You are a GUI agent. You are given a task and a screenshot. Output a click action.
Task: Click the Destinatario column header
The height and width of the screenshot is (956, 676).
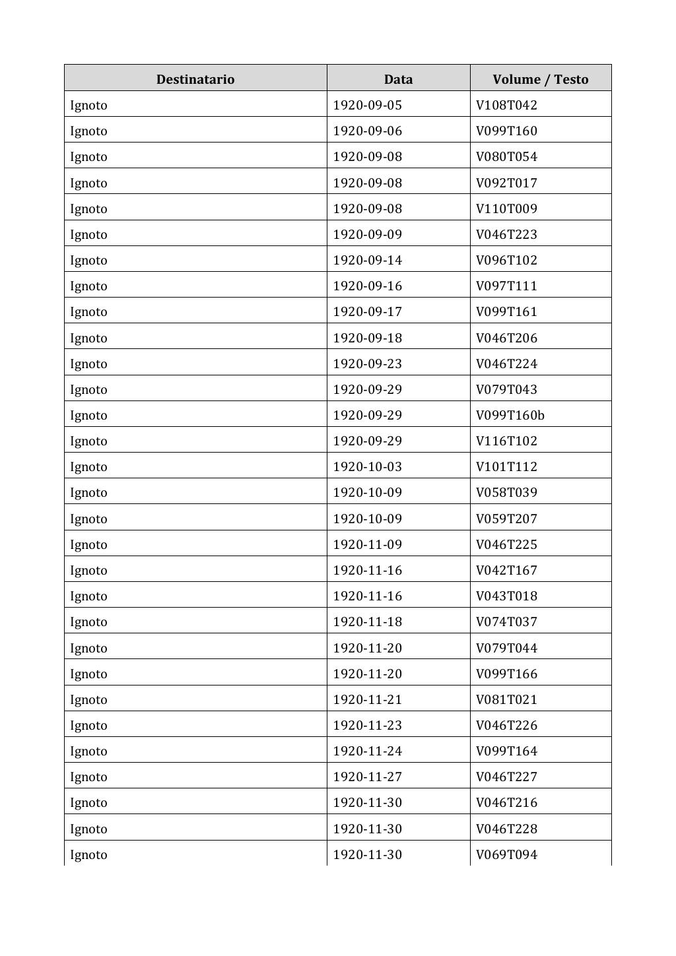click(195, 79)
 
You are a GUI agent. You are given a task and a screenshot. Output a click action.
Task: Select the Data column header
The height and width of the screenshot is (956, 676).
click(398, 79)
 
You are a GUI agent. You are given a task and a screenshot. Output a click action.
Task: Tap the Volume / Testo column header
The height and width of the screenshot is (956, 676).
click(540, 79)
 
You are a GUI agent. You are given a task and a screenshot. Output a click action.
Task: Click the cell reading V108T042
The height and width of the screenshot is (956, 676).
click(506, 105)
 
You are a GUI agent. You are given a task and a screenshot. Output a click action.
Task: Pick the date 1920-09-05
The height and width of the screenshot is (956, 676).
click(367, 105)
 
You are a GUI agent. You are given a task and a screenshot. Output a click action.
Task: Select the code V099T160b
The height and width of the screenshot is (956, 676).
click(510, 415)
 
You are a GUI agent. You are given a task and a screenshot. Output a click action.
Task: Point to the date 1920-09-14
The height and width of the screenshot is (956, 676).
click(367, 260)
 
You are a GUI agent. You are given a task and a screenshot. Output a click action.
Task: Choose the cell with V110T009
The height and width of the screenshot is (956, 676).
click(506, 208)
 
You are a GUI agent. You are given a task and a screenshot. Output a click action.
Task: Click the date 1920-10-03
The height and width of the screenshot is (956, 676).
click(367, 466)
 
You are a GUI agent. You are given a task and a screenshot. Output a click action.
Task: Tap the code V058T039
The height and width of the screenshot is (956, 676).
click(506, 492)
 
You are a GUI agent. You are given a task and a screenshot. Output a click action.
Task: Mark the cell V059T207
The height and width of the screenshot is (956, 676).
click(506, 519)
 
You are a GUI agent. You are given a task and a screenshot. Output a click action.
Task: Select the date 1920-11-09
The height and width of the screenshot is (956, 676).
click(367, 544)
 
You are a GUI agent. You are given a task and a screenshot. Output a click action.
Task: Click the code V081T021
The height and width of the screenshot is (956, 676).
click(506, 699)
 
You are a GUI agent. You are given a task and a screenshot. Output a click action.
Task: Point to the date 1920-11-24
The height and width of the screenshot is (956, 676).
click(367, 751)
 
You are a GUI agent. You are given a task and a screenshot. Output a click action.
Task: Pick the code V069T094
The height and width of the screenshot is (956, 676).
click(506, 854)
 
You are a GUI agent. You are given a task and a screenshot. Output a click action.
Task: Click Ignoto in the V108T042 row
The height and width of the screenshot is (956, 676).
click(88, 105)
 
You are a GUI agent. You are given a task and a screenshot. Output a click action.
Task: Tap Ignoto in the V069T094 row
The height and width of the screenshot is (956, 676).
click(88, 854)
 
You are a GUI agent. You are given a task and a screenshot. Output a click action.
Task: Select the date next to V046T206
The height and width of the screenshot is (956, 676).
click(367, 338)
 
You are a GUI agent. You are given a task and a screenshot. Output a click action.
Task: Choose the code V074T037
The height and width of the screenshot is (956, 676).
click(506, 621)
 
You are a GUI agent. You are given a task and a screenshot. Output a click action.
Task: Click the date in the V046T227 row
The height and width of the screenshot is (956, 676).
click(367, 777)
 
